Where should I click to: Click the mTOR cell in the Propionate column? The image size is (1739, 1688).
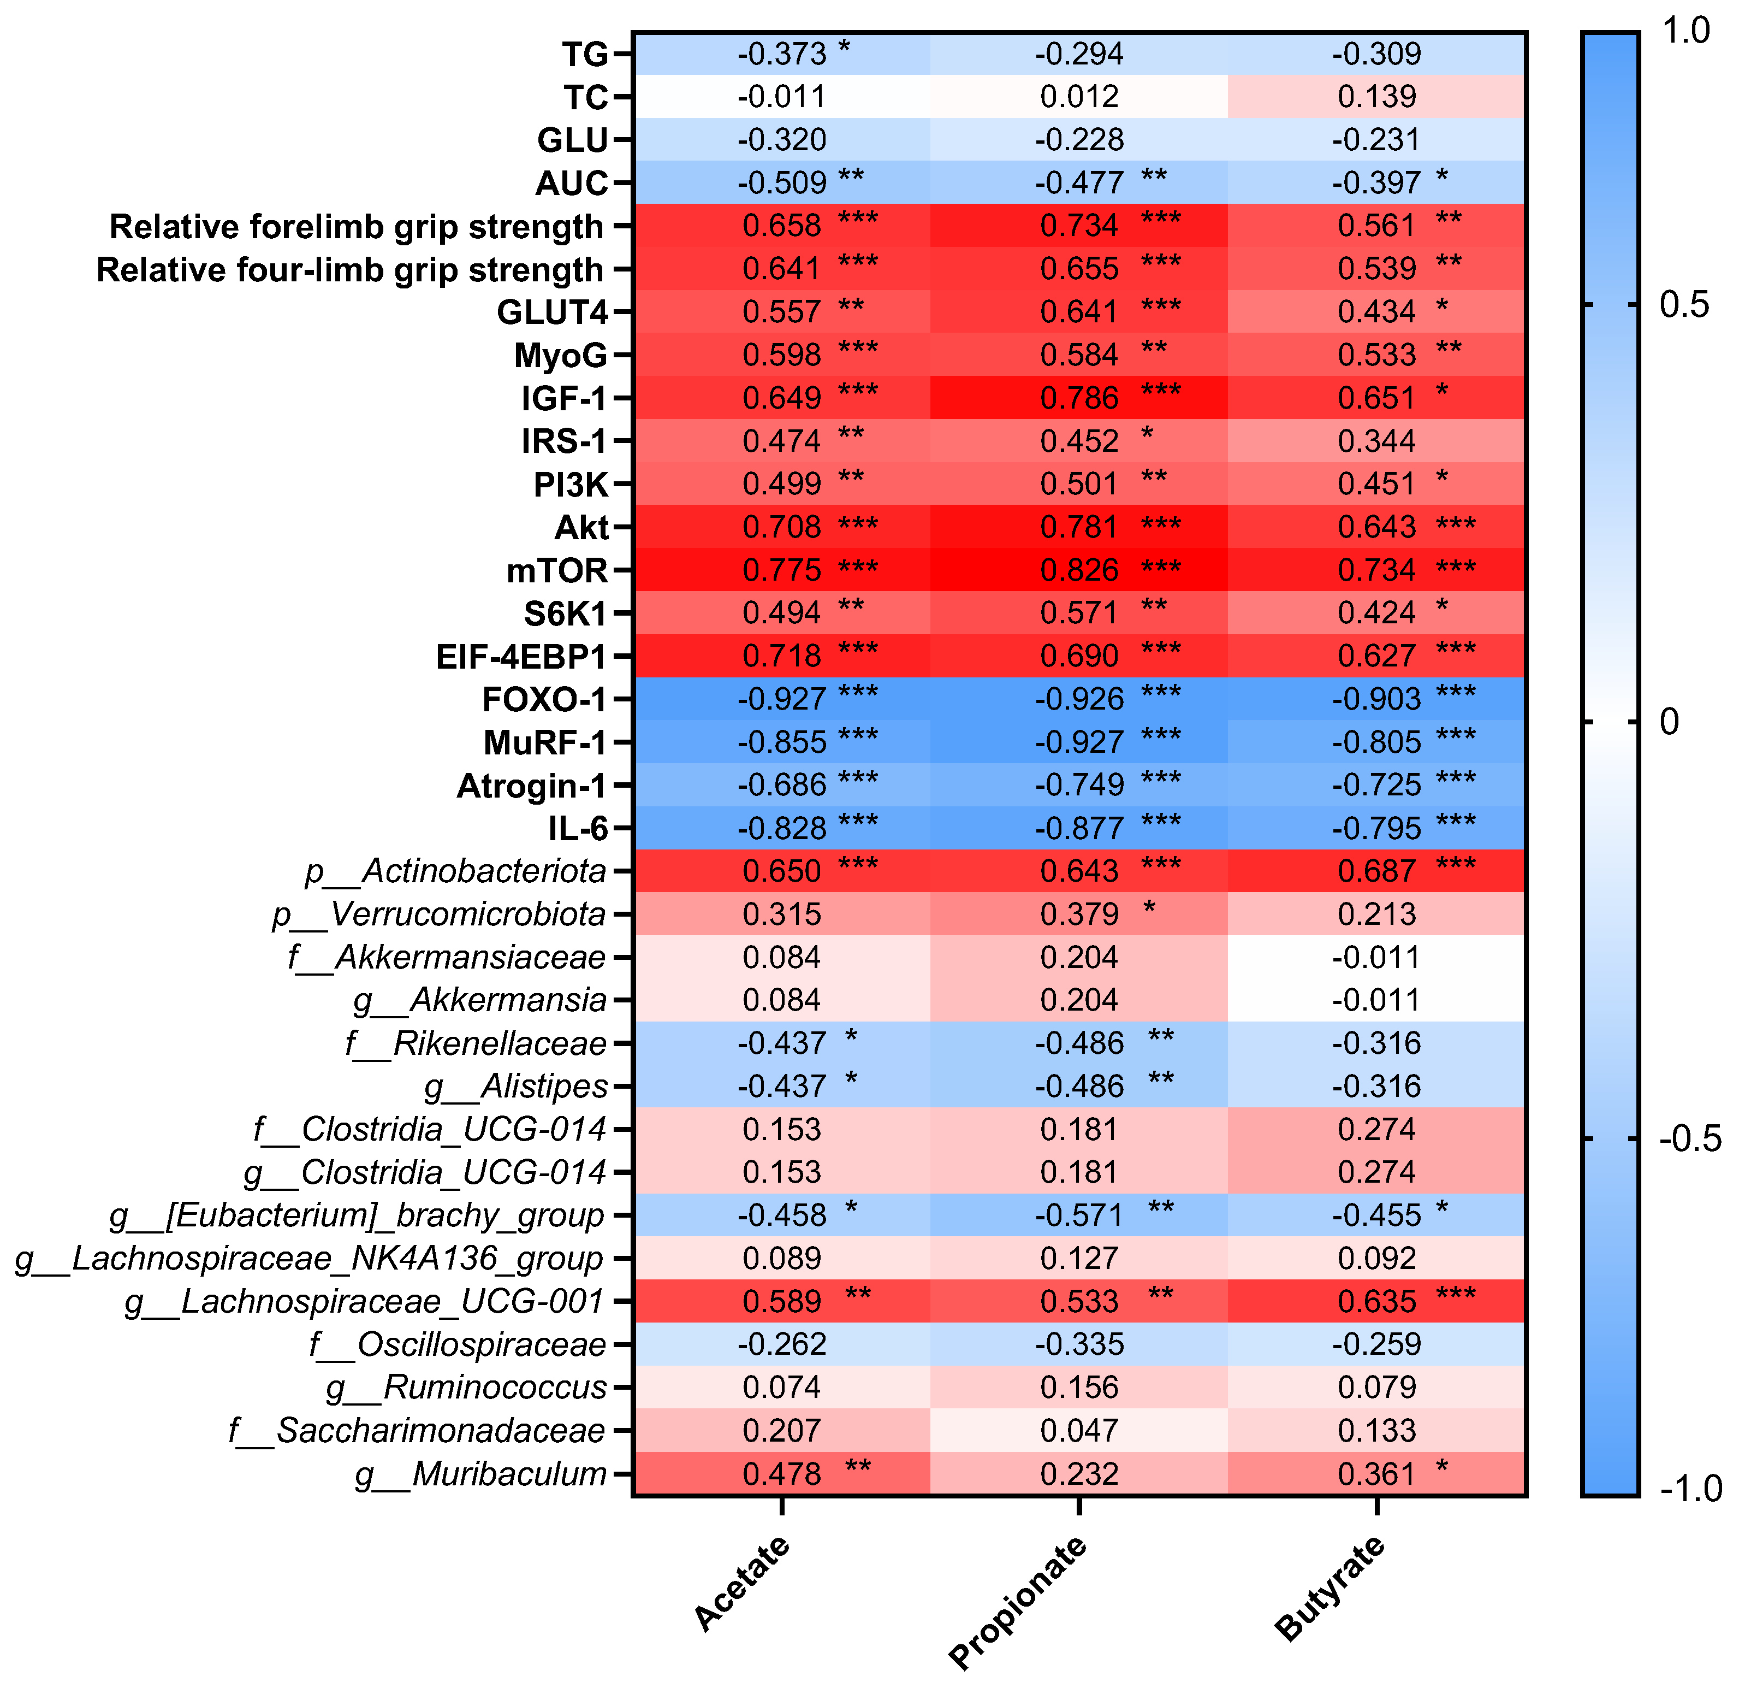(1079, 570)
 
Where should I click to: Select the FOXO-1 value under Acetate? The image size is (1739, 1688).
(782, 699)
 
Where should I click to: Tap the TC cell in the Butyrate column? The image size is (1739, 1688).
(1376, 97)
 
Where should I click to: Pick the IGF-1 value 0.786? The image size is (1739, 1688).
(1079, 398)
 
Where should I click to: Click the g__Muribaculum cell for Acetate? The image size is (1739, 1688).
(782, 1474)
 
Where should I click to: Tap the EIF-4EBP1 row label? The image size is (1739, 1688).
(521, 657)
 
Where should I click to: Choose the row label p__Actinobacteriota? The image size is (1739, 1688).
(455, 871)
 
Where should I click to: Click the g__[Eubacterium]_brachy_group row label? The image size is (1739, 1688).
(357, 1215)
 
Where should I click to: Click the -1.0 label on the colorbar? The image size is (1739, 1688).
(1691, 1489)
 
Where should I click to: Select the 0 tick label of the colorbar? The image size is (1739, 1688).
(1670, 722)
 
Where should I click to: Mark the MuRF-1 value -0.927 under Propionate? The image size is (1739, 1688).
(1079, 742)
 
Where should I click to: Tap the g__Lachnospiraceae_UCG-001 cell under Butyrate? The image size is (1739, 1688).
(1376, 1302)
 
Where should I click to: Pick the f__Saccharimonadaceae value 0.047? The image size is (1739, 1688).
(1079, 1431)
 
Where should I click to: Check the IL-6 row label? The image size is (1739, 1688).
(578, 829)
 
